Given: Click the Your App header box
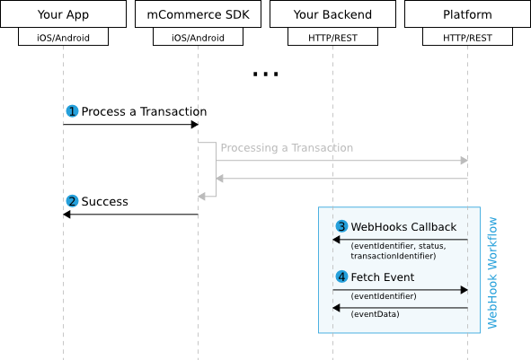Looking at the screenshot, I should coord(63,15).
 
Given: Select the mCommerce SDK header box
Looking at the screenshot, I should coord(198,15).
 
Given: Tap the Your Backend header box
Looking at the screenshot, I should coord(332,15).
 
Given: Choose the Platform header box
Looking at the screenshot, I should coord(467,15).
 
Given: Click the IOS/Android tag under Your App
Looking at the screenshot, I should coord(63,39).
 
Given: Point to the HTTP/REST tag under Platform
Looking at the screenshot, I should coord(467,39).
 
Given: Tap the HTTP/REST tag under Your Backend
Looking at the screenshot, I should coord(332,39).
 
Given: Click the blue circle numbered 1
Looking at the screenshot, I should coord(73,112).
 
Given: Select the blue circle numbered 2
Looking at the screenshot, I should coord(73,201).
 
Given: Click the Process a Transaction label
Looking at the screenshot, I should coord(144,112).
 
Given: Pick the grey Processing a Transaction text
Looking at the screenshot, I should coord(287,148).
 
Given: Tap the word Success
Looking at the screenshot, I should coord(104,201).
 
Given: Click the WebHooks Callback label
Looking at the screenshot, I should coord(403,226).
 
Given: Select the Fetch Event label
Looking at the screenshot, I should coord(382,277).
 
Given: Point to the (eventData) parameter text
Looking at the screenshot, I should coord(376,314).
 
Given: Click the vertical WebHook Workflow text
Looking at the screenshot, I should coord(492,272).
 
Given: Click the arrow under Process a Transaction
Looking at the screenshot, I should coord(130,125).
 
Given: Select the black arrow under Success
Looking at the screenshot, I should coord(130,215).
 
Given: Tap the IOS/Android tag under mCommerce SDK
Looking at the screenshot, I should coord(198,39).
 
